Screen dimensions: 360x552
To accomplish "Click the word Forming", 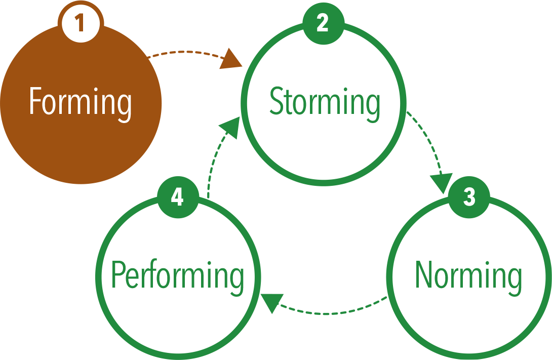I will point(80,101).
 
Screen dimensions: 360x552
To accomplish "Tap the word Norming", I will point(468,276).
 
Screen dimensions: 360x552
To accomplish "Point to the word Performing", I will point(177,276).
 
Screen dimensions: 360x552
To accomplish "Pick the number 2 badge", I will point(323,23).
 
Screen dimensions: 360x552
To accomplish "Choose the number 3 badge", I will point(469,197).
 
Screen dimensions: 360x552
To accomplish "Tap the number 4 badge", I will point(177,197).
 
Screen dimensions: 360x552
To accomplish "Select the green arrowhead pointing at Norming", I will point(441,183).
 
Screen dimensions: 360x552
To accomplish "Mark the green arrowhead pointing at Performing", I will point(270,303).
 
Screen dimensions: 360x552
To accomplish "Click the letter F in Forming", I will point(34,101).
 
